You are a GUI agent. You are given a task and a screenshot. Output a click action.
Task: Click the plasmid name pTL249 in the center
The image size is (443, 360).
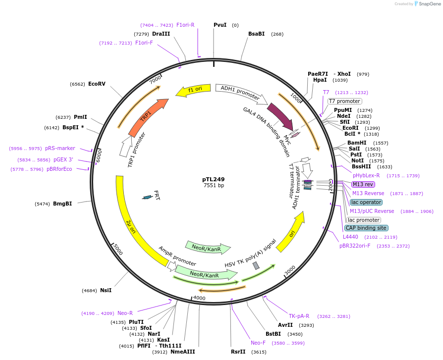pyautogui.click(x=213, y=179)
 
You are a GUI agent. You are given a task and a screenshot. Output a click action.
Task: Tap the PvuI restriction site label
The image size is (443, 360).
pyautogui.click(x=220, y=25)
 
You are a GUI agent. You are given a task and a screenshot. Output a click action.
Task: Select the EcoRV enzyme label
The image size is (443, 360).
pyautogui.click(x=97, y=84)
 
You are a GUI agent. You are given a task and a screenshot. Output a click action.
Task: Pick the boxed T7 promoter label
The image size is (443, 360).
pyautogui.click(x=344, y=101)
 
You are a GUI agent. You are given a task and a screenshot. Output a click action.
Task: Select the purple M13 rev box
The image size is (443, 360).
pyautogui.click(x=363, y=184)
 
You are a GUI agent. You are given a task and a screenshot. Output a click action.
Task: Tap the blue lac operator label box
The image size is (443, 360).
pyautogui.click(x=366, y=202)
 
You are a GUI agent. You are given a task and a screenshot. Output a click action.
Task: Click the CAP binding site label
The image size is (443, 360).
pyautogui.click(x=366, y=228)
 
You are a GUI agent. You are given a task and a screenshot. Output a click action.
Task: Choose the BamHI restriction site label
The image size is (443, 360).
pyautogui.click(x=357, y=143)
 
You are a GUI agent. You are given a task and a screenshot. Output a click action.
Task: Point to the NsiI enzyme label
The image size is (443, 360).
pyautogui.click(x=106, y=290)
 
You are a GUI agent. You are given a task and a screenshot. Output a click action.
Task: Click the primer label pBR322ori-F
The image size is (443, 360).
pyautogui.click(x=355, y=246)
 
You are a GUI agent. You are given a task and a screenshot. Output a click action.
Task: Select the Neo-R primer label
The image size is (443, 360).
pyautogui.click(x=125, y=313)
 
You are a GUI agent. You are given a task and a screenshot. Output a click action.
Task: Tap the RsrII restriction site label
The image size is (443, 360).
pyautogui.click(x=238, y=352)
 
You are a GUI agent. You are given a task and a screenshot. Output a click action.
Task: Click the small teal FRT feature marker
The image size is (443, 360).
pyautogui.click(x=147, y=197)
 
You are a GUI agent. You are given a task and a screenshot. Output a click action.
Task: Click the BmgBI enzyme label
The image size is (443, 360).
pyautogui.click(x=62, y=204)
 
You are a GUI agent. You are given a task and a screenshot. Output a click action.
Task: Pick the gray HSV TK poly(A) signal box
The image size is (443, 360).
pyautogui.click(x=256, y=266)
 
